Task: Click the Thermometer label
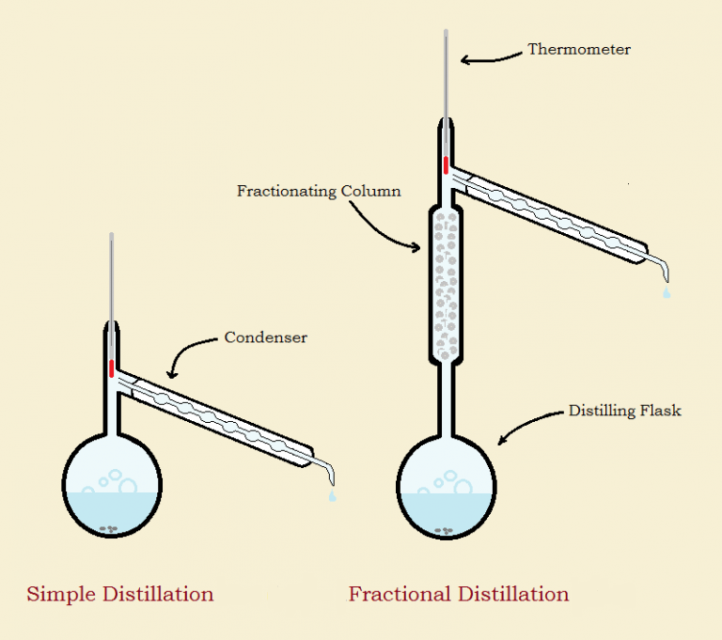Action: [579, 50]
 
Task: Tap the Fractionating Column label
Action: [319, 192]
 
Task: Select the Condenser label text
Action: [266, 337]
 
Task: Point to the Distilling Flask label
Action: [625, 411]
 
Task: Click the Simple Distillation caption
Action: [120, 594]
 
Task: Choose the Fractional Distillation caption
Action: [459, 594]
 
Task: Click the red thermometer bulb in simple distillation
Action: [112, 367]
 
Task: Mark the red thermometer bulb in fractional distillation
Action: [447, 164]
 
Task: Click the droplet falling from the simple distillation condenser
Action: [331, 495]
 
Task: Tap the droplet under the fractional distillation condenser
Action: [667, 293]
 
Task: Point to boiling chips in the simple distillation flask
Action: [111, 529]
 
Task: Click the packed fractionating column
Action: [447, 282]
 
